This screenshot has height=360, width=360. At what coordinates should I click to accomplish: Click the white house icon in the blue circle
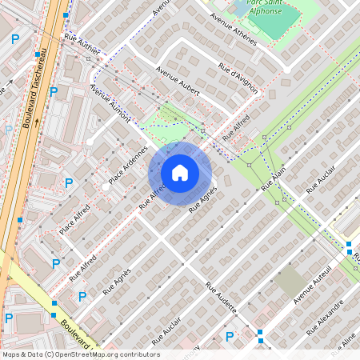[180, 172]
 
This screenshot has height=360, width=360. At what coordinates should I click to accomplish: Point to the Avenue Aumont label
[110, 102]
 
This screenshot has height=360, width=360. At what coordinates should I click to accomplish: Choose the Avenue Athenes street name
[231, 31]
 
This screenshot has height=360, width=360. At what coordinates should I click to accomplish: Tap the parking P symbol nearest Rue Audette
[230, 337]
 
